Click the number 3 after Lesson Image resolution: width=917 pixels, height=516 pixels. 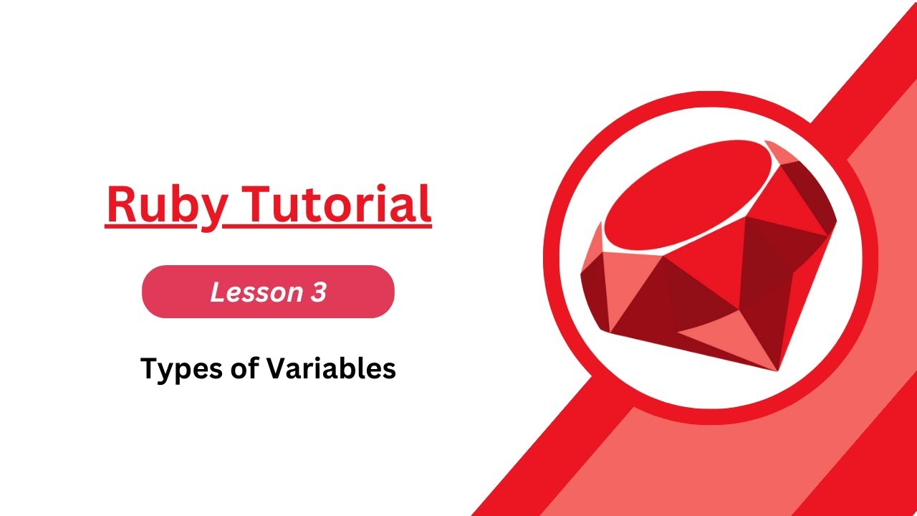(319, 292)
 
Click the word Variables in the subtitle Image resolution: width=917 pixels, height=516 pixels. (331, 368)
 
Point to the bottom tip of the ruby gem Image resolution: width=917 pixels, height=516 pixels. (777, 369)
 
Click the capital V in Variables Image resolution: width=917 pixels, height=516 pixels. (277, 368)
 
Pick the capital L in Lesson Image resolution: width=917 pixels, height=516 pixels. (217, 292)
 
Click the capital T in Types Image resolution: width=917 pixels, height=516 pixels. (148, 368)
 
